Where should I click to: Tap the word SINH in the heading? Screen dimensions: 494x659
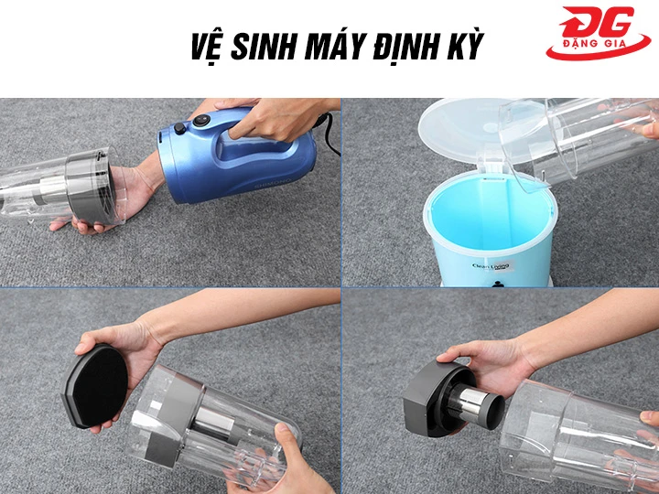(272, 46)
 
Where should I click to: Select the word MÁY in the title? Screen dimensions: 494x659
(345, 46)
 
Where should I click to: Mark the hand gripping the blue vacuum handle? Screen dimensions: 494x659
(265, 118)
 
